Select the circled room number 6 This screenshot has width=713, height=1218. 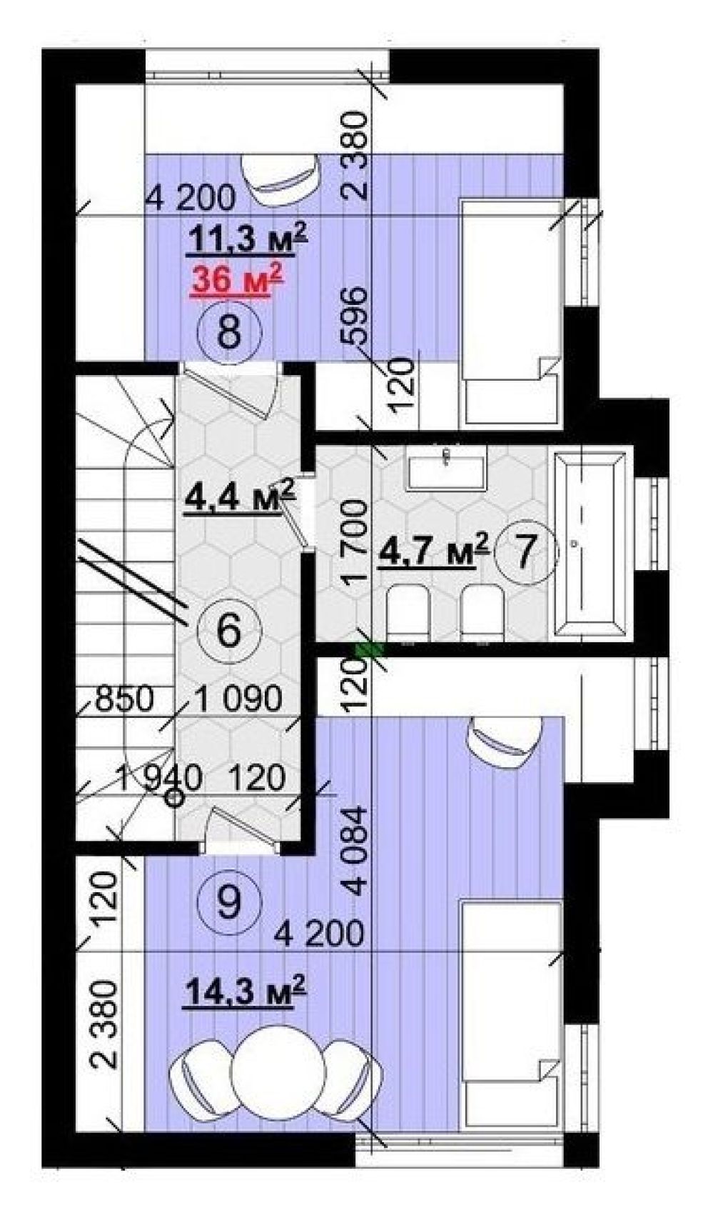[229, 629]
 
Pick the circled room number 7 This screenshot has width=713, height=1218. [525, 551]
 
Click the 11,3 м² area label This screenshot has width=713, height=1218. [247, 239]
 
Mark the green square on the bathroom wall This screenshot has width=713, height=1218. [370, 650]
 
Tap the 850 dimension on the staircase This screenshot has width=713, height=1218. [124, 699]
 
